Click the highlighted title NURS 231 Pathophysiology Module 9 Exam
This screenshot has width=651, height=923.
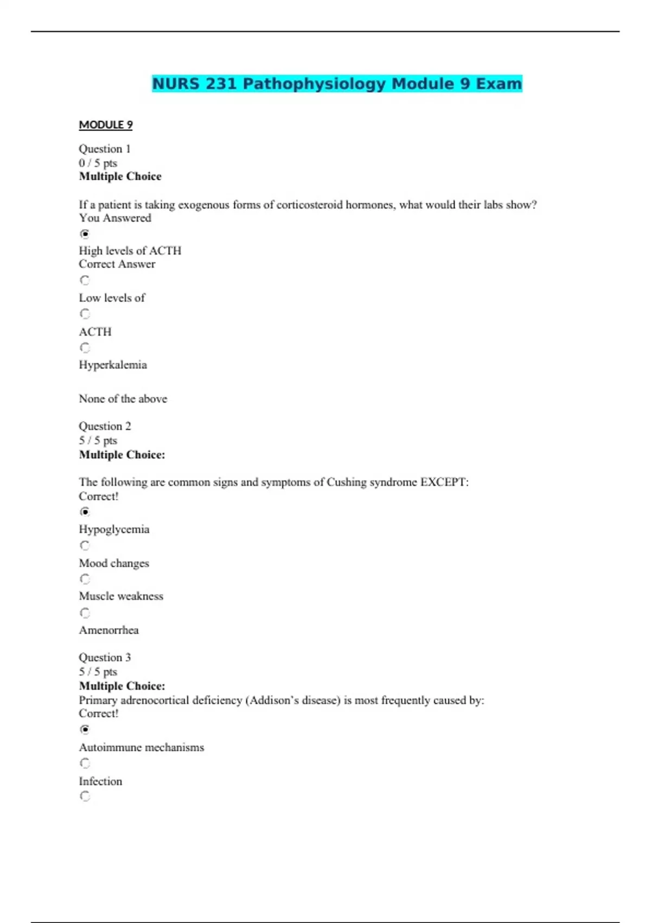click(x=337, y=84)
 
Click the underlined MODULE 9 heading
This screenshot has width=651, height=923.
click(x=106, y=125)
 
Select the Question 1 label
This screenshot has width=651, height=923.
click(x=105, y=149)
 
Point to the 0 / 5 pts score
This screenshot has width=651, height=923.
click(x=98, y=163)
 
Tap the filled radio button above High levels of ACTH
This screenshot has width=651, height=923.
click(x=85, y=234)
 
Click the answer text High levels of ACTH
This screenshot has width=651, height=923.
click(x=130, y=251)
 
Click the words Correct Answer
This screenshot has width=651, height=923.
click(x=117, y=264)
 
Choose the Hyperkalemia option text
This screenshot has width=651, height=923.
click(x=113, y=365)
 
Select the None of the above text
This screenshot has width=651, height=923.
click(x=123, y=399)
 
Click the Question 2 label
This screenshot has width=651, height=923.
click(x=105, y=426)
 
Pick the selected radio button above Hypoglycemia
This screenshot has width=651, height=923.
click(x=85, y=511)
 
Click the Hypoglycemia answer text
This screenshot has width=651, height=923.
click(x=114, y=529)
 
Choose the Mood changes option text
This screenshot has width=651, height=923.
click(x=114, y=564)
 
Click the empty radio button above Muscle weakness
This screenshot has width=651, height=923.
click(x=85, y=579)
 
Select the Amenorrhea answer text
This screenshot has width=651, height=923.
click(x=109, y=630)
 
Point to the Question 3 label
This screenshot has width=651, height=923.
click(x=105, y=658)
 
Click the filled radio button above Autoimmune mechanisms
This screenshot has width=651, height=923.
click(x=85, y=729)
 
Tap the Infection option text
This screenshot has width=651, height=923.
click(x=100, y=781)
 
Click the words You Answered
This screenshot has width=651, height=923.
click(x=115, y=218)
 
